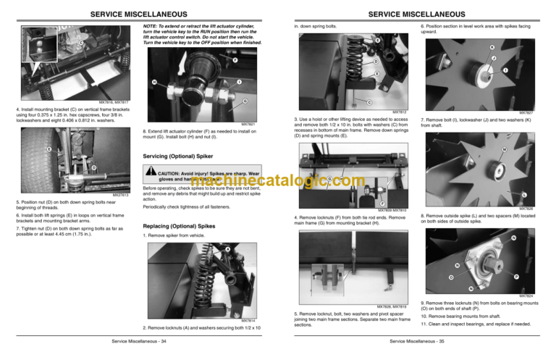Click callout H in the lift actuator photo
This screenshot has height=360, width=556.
point(154,82)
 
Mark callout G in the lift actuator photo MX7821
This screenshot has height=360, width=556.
point(245,100)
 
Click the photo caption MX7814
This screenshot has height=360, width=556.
point(248,319)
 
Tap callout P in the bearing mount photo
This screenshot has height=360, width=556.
point(515,277)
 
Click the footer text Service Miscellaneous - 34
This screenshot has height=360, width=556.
point(138,340)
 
